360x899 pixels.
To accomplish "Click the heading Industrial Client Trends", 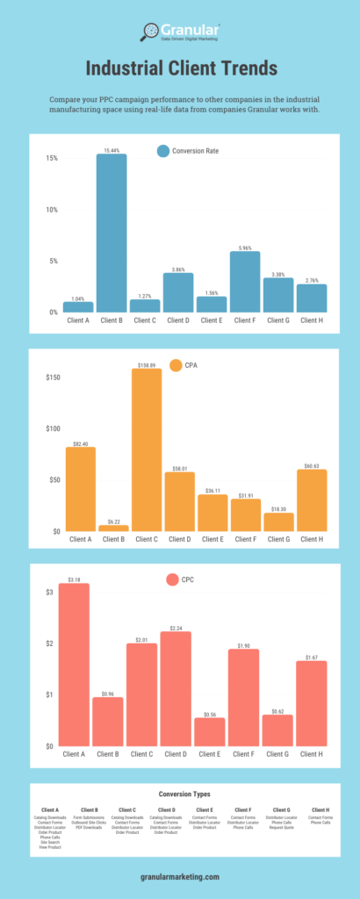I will point(180,68).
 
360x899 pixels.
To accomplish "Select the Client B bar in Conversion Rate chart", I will point(111,233).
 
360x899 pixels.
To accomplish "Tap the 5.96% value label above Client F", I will point(245,248).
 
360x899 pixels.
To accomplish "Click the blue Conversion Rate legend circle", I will point(162,150).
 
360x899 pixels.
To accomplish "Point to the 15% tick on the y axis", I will point(52,158).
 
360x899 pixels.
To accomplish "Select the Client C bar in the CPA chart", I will point(146,449).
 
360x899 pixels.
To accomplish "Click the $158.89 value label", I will point(146,364).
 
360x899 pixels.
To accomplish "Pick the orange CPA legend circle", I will point(176,365).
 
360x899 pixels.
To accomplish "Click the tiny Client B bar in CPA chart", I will point(112,528).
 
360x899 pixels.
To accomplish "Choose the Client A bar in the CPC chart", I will point(74,665).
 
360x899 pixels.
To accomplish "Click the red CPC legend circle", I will point(173,580).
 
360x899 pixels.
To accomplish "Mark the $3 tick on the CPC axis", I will point(51,593).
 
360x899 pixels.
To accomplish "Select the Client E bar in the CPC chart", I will point(210,732).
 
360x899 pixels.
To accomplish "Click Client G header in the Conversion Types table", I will point(281,809).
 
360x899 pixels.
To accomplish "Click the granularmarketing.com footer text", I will point(180,876).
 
